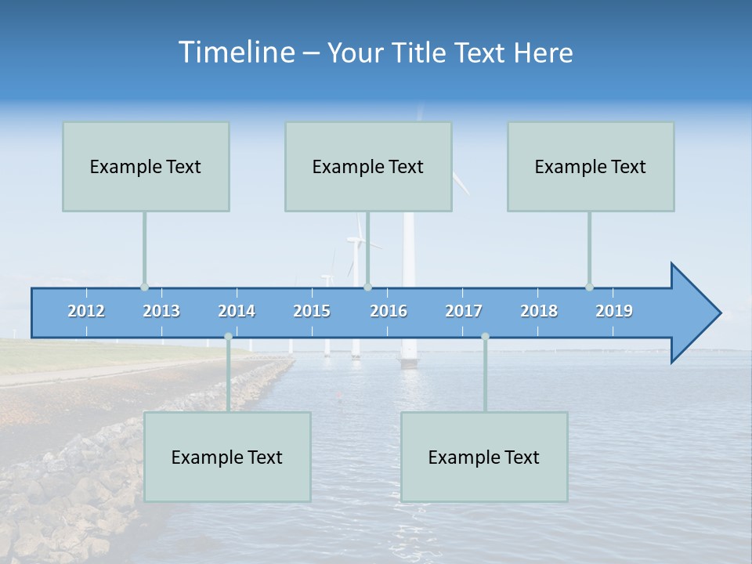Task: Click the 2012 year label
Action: [86, 311]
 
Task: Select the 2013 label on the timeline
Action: [161, 311]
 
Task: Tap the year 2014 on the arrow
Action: [237, 311]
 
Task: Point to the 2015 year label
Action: [312, 311]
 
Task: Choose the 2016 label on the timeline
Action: [389, 311]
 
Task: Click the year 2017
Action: [464, 311]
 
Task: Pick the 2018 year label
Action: [539, 311]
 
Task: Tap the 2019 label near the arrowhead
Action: [614, 311]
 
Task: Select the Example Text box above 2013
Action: [146, 167]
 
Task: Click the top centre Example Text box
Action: [368, 167]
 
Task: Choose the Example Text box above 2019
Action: [591, 167]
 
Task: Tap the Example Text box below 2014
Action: [227, 457]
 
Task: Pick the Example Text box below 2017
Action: [484, 457]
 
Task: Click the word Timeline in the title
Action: [235, 52]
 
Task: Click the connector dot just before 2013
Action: [144, 287]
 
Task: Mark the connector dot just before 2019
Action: [589, 287]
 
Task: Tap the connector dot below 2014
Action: [228, 336]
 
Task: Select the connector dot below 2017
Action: [485, 336]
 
